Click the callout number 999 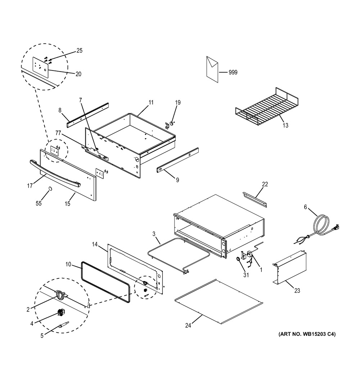point(233,72)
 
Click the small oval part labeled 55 point(50,188)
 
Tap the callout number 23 point(297,291)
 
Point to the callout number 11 point(151,102)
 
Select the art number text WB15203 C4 point(307,334)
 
